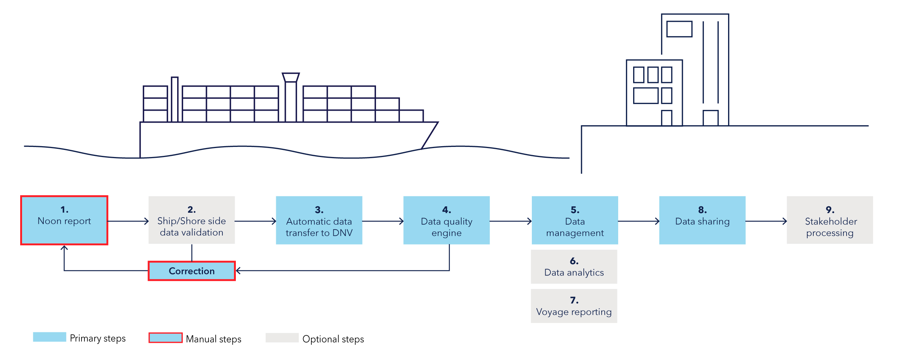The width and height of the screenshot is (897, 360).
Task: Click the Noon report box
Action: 64,220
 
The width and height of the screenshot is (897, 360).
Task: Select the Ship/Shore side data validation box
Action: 191,220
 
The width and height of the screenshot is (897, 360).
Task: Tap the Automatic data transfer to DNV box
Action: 319,220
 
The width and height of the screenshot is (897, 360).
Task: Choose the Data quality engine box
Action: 446,220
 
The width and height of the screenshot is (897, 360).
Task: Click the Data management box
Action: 574,220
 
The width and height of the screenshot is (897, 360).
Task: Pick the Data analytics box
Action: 574,267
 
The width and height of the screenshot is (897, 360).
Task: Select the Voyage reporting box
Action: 574,306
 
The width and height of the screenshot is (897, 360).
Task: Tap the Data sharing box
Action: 702,220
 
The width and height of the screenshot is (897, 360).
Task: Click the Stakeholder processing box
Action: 829,220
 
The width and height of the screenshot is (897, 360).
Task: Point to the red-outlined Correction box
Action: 191,271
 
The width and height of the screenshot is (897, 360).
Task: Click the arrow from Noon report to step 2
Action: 128,221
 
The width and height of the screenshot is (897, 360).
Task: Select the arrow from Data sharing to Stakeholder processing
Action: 766,221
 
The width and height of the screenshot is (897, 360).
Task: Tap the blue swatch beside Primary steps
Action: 49,337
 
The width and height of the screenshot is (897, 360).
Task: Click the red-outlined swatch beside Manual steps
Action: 166,338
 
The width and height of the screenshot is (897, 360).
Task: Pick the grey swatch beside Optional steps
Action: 282,338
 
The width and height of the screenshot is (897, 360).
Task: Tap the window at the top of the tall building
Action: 679,29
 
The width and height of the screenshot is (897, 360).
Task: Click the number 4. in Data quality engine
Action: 446,210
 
